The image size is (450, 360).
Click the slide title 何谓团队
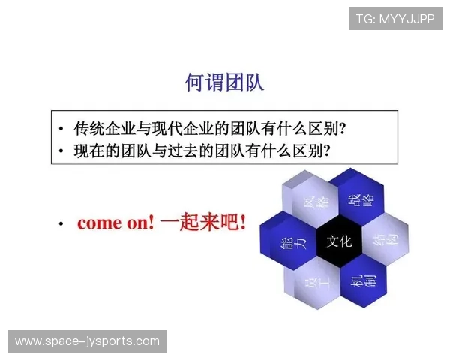(224, 82)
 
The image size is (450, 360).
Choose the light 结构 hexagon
(383, 241)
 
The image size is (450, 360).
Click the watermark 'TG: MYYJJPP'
(394, 19)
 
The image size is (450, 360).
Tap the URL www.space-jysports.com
(87, 341)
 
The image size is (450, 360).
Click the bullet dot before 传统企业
(61, 127)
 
